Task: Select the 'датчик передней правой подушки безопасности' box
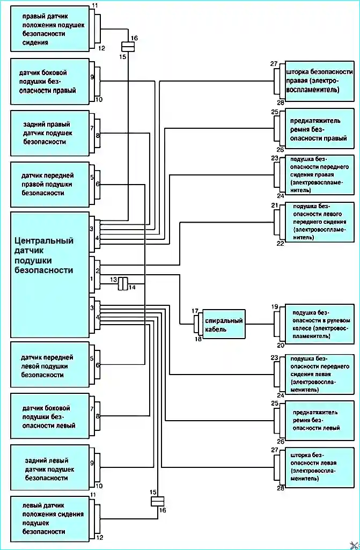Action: pos(49,184)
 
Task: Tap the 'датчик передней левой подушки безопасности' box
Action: pos(49,365)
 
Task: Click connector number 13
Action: pos(114,280)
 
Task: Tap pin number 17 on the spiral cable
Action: pos(195,311)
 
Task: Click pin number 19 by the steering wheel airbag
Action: pos(275,307)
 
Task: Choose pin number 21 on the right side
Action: pos(275,206)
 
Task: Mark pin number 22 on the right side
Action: pos(280,244)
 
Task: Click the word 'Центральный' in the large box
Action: pos(44,240)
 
